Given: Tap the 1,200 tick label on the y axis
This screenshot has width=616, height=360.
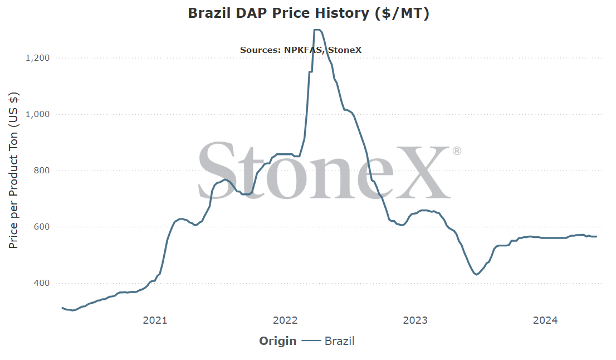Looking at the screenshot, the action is pos(38,58).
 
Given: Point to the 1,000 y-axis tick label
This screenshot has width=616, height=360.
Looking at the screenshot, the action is pos(38,114).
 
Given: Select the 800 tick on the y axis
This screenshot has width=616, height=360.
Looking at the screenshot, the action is pos(42,171).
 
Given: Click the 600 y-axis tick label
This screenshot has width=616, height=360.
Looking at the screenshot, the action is pos(42,227).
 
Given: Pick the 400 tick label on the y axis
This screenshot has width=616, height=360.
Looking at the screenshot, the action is pos(42,283).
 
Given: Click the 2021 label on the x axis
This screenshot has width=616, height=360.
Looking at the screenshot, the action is pos(155,320).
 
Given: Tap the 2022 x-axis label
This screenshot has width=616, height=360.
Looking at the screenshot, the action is pos(285,320).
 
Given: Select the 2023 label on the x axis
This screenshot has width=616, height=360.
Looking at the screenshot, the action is pos(415,320).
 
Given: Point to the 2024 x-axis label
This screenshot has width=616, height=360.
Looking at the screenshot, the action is pos(545,320).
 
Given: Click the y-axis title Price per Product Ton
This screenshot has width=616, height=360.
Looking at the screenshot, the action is pos(13,170).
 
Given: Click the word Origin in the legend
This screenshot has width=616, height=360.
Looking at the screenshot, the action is pos(278,341).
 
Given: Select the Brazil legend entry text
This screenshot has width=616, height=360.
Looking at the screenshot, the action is pos(339,341).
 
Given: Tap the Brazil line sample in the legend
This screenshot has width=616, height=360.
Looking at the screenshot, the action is pos(311,341).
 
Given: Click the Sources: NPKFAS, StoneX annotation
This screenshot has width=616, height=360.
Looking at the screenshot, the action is pos(301,50).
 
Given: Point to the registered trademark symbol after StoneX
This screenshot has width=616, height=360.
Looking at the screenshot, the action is pos(457,151).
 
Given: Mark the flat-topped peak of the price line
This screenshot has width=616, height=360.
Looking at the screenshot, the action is pos(317,30).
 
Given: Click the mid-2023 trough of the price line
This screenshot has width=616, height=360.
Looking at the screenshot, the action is pos(477,274).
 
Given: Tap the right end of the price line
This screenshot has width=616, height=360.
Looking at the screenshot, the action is pos(597,237).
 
